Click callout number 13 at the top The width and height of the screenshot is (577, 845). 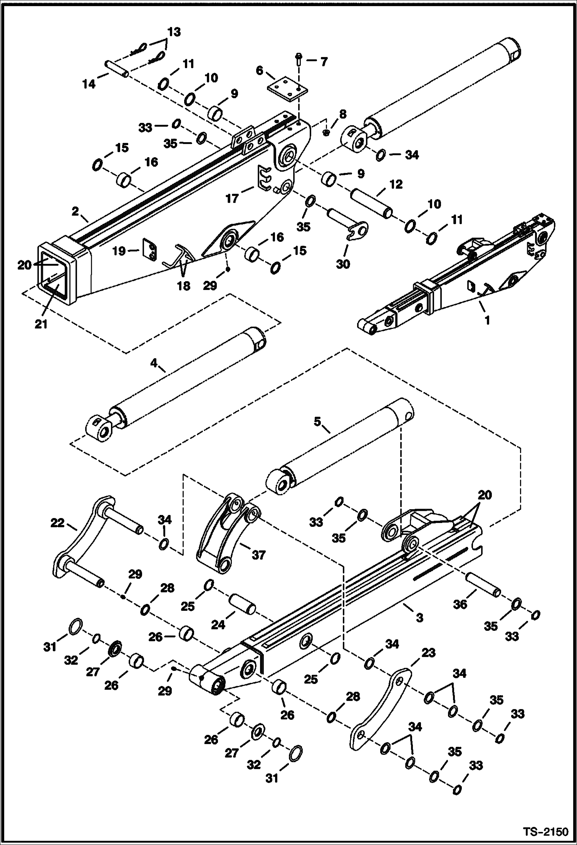(174, 32)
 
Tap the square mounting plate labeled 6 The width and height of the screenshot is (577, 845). (287, 89)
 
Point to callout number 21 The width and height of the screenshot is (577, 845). (41, 324)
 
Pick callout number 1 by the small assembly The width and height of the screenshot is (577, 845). (486, 320)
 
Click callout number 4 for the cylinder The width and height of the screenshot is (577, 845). (154, 363)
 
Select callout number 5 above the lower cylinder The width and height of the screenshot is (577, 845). (317, 422)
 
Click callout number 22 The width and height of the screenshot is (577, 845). (58, 523)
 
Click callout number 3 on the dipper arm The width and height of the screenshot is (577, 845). (419, 617)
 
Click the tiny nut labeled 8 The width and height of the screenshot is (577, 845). (326, 132)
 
